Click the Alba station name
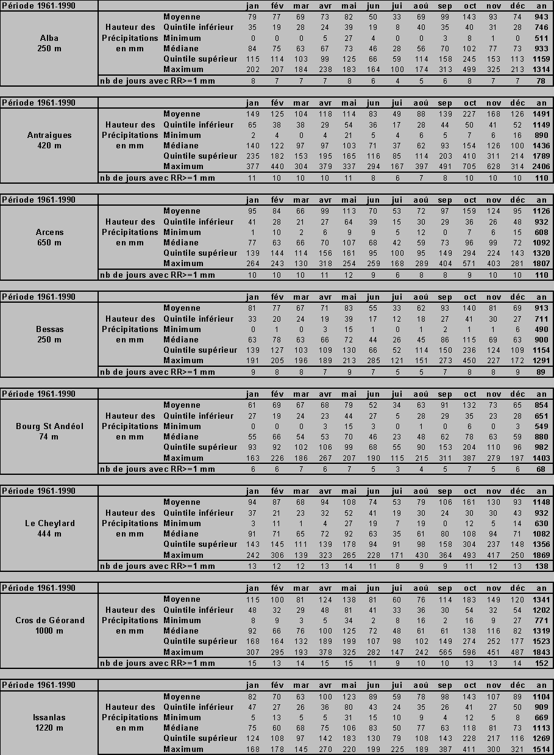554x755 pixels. pyautogui.click(x=49, y=38)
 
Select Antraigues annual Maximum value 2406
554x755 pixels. pyautogui.click(x=541, y=167)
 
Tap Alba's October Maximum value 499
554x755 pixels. pyautogui.click(x=470, y=70)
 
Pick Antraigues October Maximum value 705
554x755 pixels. pyautogui.click(x=470, y=167)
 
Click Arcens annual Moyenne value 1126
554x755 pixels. pyautogui.click(x=541, y=211)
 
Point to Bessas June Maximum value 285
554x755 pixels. pyautogui.click(x=373, y=361)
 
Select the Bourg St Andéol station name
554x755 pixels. pyautogui.click(x=49, y=426)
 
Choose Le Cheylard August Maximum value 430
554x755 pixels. pyautogui.click(x=421, y=555)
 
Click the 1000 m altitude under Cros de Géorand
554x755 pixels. pyautogui.click(x=49, y=630)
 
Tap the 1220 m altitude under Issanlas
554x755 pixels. pyautogui.click(x=49, y=728)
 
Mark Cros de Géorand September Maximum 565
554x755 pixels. pyautogui.click(x=445, y=652)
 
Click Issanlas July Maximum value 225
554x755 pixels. pyautogui.click(x=397, y=749)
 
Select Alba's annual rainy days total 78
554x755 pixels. pyautogui.click(x=541, y=81)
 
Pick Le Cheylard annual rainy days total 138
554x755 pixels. pyautogui.click(x=541, y=566)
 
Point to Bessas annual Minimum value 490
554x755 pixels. pyautogui.click(x=541, y=330)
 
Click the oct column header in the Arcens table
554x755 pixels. pyautogui.click(x=470, y=200)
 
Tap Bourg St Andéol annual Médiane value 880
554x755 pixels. pyautogui.click(x=541, y=437)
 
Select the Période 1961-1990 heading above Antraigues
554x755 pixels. pyautogui.click(x=39, y=103)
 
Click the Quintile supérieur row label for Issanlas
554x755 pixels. pyautogui.click(x=200, y=739)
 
